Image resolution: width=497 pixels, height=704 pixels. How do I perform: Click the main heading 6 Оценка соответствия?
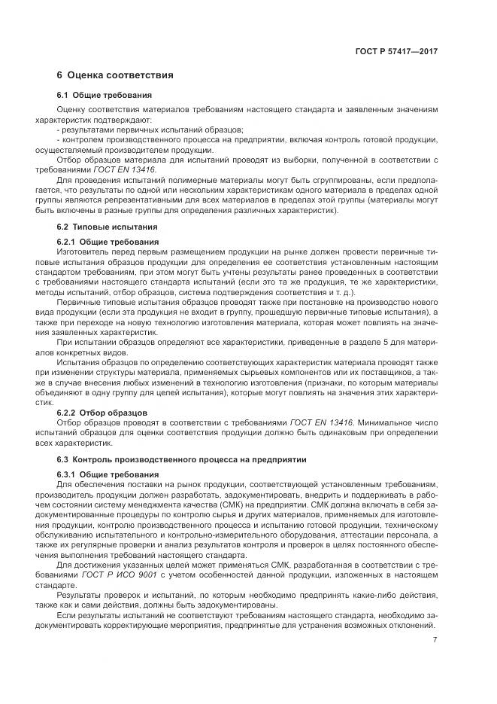(x=115, y=75)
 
